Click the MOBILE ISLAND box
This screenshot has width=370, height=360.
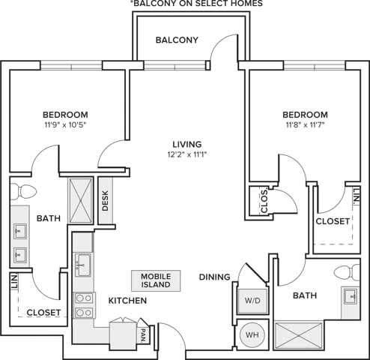tap(156, 280)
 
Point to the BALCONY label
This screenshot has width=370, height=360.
tap(177, 40)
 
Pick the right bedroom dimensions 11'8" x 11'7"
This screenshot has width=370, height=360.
tap(305, 125)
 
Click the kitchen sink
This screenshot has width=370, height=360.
tap(82, 265)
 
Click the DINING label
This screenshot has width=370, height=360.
tap(214, 277)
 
